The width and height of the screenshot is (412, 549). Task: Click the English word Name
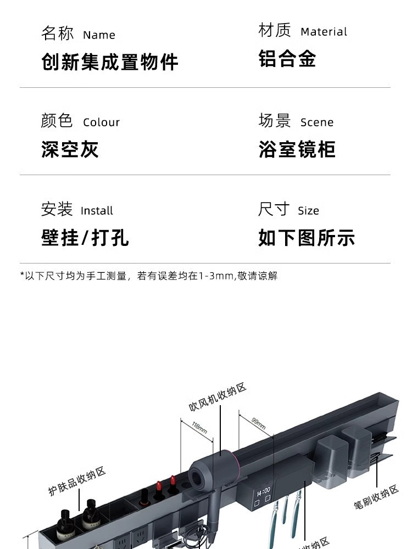(x=99, y=35)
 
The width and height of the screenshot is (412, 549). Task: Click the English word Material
(x=324, y=32)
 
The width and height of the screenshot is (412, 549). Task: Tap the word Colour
(x=101, y=122)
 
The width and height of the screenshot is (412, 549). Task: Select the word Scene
(x=317, y=122)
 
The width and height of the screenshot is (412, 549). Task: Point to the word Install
(x=97, y=211)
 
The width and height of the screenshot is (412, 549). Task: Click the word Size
(x=308, y=211)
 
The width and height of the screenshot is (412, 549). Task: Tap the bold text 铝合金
(x=287, y=59)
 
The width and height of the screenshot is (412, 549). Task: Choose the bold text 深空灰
(x=70, y=149)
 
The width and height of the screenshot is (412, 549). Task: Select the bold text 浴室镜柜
(x=297, y=149)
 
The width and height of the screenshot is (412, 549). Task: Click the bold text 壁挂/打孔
(x=85, y=238)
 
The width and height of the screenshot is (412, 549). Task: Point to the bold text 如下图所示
(x=307, y=238)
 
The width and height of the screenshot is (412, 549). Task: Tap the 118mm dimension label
(x=199, y=427)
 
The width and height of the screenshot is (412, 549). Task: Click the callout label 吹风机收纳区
(x=218, y=397)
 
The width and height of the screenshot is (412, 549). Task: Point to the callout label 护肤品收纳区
(x=77, y=481)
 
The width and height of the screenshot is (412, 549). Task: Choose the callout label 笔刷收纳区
(x=376, y=497)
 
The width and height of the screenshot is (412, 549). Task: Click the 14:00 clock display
(x=263, y=490)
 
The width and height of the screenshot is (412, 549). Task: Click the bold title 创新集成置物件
(x=110, y=61)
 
